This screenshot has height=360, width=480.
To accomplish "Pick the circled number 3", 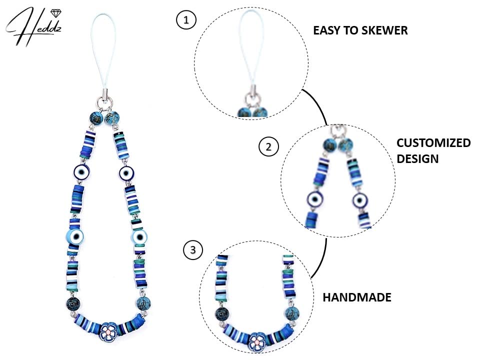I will point(192,250).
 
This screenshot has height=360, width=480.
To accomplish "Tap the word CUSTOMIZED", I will point(433,143).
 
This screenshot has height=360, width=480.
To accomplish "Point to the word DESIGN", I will point(417,159).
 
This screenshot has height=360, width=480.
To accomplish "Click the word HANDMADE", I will point(357,297).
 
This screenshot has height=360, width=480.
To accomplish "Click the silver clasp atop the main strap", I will point(104,94).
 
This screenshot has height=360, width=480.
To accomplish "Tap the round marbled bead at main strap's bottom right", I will point(143,303).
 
